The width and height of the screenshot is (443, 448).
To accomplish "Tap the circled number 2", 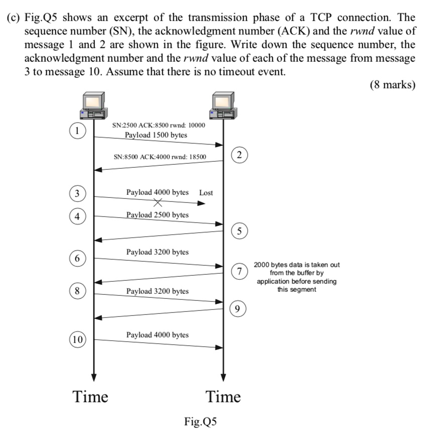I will click(240, 155).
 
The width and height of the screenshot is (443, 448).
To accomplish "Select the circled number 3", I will click(77, 193).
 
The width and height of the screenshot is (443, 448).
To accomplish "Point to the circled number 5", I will click(240, 232).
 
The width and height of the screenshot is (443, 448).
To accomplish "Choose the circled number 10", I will click(77, 340).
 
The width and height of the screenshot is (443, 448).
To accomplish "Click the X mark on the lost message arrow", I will click(158, 203).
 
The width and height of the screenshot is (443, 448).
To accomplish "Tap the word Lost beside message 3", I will click(206, 192).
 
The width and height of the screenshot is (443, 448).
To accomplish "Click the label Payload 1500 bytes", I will click(156, 135).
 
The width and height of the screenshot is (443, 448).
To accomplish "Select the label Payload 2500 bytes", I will click(157, 215).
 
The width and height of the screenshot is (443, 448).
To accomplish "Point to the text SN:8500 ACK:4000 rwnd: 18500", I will click(160, 157).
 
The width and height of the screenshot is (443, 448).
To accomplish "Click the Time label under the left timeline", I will click(90, 397).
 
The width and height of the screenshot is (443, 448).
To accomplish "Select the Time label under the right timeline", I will click(224, 397).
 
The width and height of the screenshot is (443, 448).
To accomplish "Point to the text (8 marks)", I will click(393, 84).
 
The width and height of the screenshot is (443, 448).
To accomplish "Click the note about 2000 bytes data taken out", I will click(296, 277).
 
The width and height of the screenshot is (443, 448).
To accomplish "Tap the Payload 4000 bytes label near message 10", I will click(157, 334).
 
